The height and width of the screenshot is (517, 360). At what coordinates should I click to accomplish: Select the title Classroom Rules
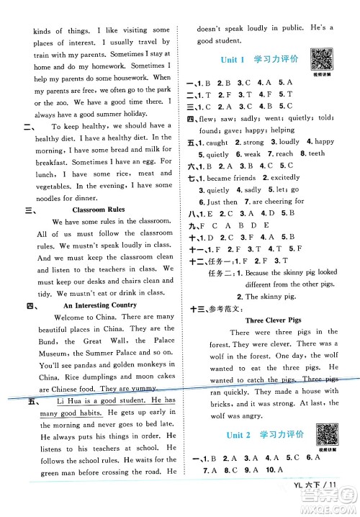[x=81, y=210]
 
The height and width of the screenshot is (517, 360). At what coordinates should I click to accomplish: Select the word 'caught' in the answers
[x=223, y=143]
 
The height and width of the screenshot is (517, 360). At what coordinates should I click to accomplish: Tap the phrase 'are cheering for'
[x=279, y=202]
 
